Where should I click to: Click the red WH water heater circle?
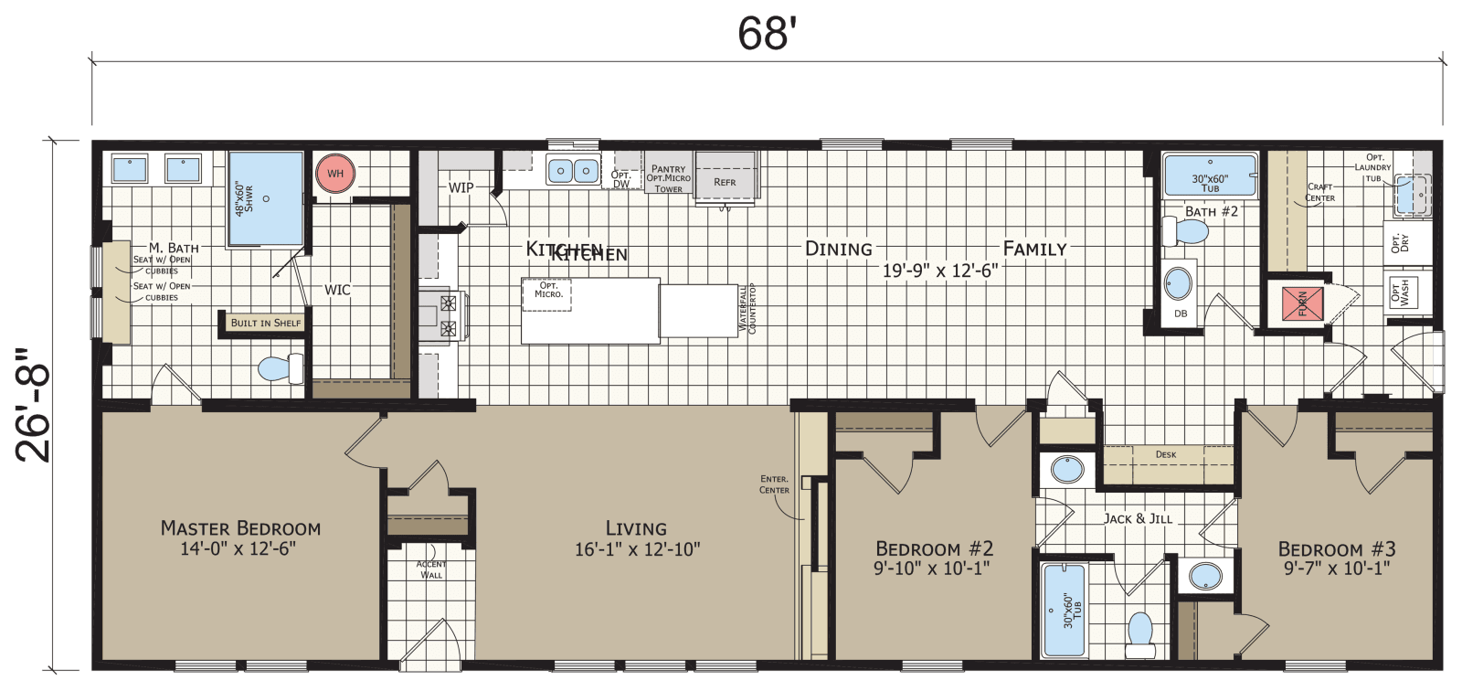coord(335,174)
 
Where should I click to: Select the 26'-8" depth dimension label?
coord(34,403)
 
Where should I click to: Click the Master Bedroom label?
coord(240,528)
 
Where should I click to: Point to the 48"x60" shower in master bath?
coord(264,198)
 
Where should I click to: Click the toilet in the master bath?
coord(281,368)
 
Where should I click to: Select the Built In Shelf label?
coord(265,323)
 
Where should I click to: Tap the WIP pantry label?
coord(461,187)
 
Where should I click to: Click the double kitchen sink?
coord(573,171)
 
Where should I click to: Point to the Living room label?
coord(636,528)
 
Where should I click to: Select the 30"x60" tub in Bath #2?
coord(1210,175)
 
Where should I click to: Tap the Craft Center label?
coord(1319,192)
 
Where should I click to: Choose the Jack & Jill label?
coord(1138,518)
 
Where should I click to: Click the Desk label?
coord(1166,454)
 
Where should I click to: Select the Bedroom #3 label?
coord(1336,549)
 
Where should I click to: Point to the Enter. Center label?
coord(774,484)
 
